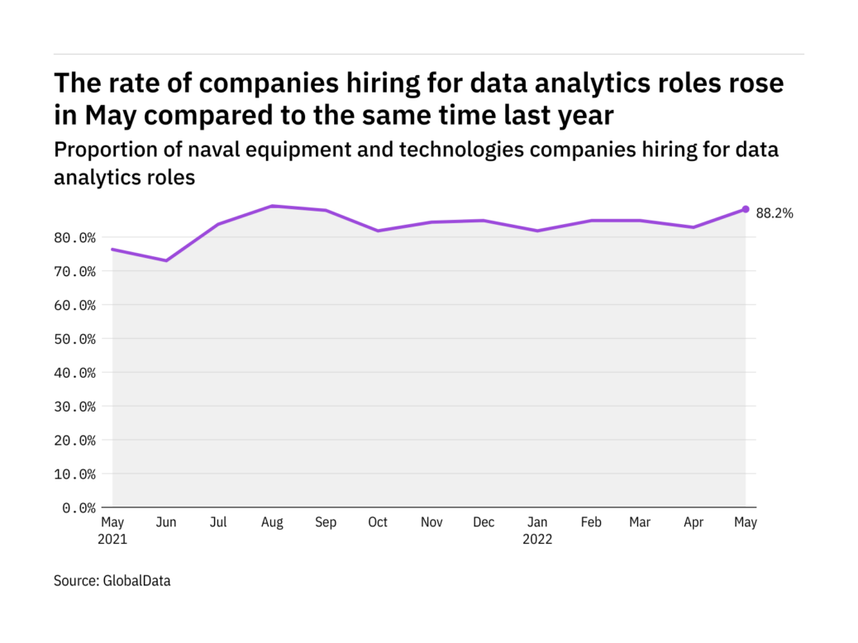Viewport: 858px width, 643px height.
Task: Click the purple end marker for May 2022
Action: coord(745,209)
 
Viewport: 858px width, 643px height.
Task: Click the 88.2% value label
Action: coord(775,213)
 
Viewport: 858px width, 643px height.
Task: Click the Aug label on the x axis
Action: coord(272,523)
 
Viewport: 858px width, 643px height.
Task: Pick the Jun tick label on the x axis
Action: coord(166,523)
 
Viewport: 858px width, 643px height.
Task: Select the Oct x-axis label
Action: coord(378,523)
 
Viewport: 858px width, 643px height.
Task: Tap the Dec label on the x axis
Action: coord(484,523)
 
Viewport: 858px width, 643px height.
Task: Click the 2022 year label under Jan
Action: coord(537,540)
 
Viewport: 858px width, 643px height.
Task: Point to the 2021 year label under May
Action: coord(113,540)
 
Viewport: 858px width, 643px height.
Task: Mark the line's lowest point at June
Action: coord(166,260)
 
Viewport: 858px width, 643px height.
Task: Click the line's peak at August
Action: coord(272,206)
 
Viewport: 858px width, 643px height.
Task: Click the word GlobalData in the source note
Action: coord(136,581)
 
